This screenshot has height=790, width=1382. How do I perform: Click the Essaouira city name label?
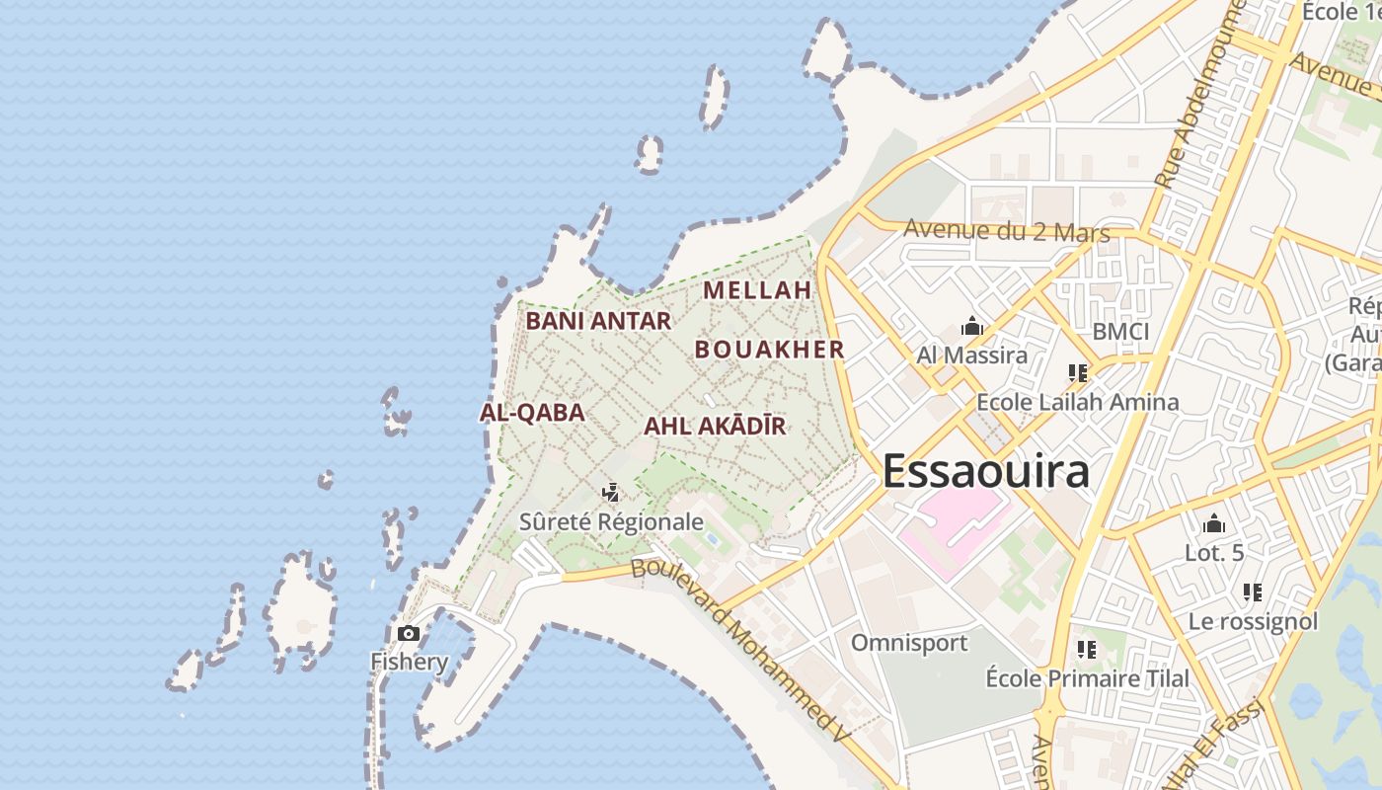pos(985,471)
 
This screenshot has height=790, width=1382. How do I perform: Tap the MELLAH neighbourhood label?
pos(757,290)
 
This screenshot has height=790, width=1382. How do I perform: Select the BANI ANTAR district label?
pos(598,321)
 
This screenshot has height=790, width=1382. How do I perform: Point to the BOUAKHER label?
pos(770,350)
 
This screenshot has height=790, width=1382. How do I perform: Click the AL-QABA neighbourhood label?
pos(532,413)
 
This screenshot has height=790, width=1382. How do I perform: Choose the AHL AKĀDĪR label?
pos(715,427)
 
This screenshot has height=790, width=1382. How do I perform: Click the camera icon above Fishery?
pos(409,633)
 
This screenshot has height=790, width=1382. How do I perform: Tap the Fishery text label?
pos(409,661)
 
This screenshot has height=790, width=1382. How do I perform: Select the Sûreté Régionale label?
pos(612,521)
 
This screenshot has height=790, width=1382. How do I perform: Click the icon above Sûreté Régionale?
pos(612,492)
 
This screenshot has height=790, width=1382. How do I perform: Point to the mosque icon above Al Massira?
pos(972,326)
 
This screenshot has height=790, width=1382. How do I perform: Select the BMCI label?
pos(1120,332)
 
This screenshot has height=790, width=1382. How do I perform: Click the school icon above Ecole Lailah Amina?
pos(1077,373)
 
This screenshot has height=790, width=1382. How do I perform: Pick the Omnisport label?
pos(909,643)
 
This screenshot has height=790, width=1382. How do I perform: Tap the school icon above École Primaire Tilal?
pos(1087,649)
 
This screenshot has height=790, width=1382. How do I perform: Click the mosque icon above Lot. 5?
pos(1214,523)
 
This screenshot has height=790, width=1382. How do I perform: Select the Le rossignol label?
pos(1253,621)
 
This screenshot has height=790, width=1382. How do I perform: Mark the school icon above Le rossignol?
pos(1253,592)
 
